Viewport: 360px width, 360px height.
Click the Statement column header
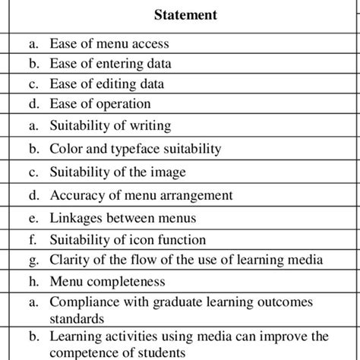(x=186, y=14)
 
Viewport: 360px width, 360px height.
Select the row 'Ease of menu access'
(x=109, y=45)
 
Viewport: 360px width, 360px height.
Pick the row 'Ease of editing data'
(x=106, y=84)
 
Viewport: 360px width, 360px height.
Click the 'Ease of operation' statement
(x=100, y=103)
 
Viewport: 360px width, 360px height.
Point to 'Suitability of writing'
(x=110, y=125)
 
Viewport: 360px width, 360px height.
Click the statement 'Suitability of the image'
(x=117, y=172)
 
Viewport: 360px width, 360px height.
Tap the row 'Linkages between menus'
(x=123, y=218)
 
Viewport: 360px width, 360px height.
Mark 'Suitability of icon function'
(x=128, y=241)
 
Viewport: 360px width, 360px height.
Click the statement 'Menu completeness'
(x=107, y=283)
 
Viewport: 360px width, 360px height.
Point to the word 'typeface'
(x=149, y=149)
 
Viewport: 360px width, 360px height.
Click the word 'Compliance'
(x=85, y=303)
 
